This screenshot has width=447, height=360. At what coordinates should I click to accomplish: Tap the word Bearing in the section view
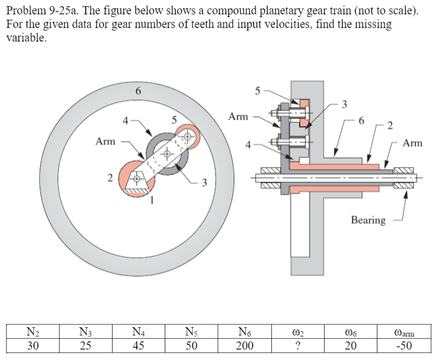[x=368, y=220]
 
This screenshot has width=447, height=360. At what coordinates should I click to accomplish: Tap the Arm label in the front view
[x=105, y=141]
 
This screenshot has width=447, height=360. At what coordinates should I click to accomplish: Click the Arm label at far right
[x=413, y=143]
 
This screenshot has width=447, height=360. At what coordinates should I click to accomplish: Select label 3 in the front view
[x=204, y=182]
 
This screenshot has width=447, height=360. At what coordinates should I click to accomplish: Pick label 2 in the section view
[x=389, y=127]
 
